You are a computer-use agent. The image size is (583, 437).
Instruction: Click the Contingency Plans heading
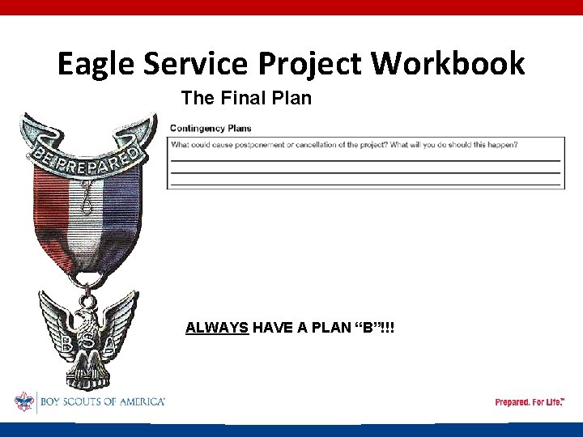[211, 128]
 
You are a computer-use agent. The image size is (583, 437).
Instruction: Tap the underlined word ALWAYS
[217, 328]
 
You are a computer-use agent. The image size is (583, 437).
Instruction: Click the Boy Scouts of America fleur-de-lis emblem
[24, 401]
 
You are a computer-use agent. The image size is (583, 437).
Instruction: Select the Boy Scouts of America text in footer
[100, 402]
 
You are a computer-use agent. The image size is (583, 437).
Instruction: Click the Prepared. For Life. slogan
[530, 402]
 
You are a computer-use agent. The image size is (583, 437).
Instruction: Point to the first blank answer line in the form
[364, 160]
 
